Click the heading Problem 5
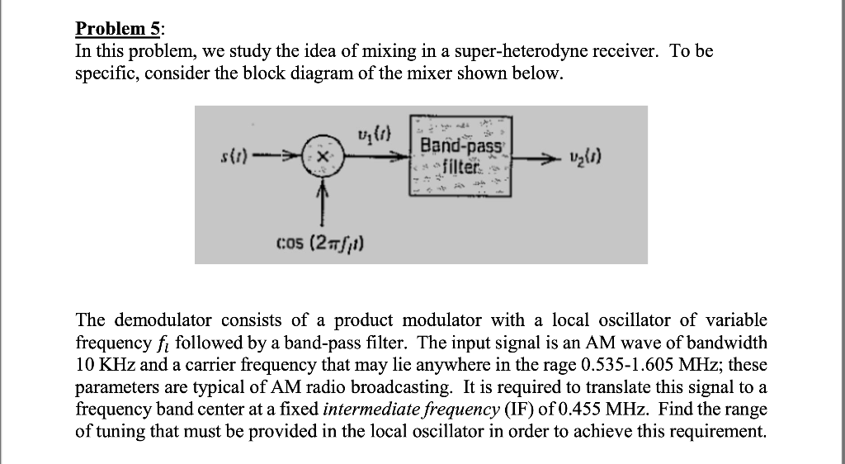[x=117, y=29]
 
